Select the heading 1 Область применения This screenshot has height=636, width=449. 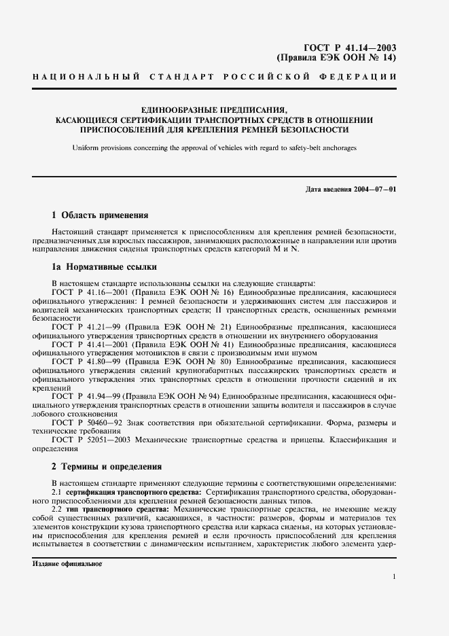[x=100, y=215]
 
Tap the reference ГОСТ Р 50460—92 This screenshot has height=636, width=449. [x=83, y=423]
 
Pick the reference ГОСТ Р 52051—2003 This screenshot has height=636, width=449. [x=86, y=440]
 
